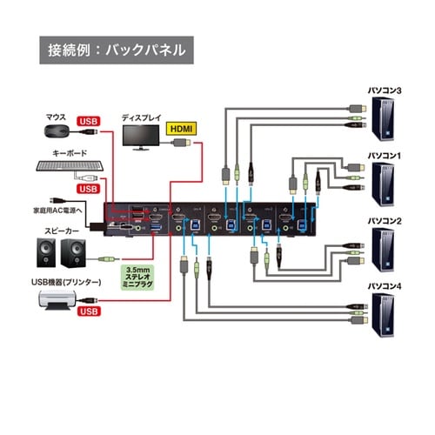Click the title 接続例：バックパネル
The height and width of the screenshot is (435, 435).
pos(114,50)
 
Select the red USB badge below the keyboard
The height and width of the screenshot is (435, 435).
pos(88,188)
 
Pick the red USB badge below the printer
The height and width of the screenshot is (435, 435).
pos(88,311)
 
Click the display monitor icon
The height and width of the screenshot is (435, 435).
pos(139,136)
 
